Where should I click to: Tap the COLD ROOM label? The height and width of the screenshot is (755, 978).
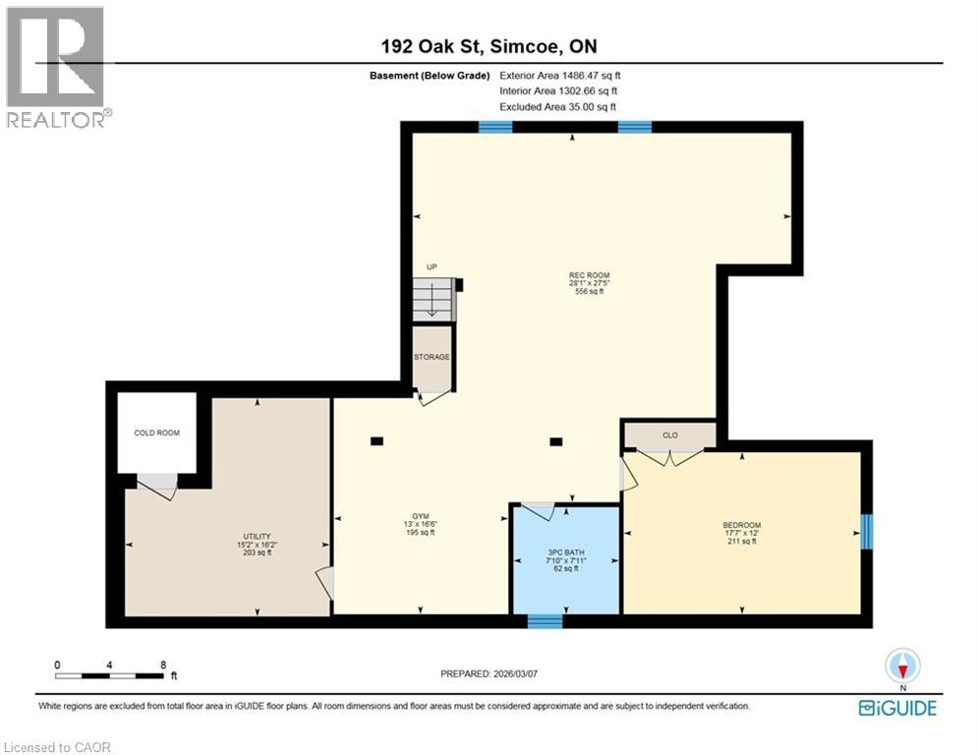coord(157,433)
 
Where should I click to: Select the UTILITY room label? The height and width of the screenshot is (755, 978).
coord(257,536)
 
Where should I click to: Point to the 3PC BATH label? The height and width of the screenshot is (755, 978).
coord(565,553)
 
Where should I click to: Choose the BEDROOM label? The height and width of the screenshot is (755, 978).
coord(742,525)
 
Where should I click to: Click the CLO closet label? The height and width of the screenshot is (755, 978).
coord(670,434)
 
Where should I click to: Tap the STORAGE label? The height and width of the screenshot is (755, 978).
coord(432,357)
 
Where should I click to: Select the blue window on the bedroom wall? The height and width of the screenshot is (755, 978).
coord(867,532)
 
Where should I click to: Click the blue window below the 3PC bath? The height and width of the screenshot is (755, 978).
coord(545,621)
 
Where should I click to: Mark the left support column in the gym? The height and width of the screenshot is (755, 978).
coord(377,441)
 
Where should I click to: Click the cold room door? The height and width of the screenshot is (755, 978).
coord(157,483)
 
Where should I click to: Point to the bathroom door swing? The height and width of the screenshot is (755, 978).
coord(538,511)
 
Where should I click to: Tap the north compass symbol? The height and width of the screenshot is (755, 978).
coord(901,667)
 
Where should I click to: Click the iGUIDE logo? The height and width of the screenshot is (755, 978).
coord(896,708)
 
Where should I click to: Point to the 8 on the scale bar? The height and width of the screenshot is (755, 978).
coord(162,664)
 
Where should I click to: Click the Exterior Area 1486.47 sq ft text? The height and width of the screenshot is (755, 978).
coord(560,75)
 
